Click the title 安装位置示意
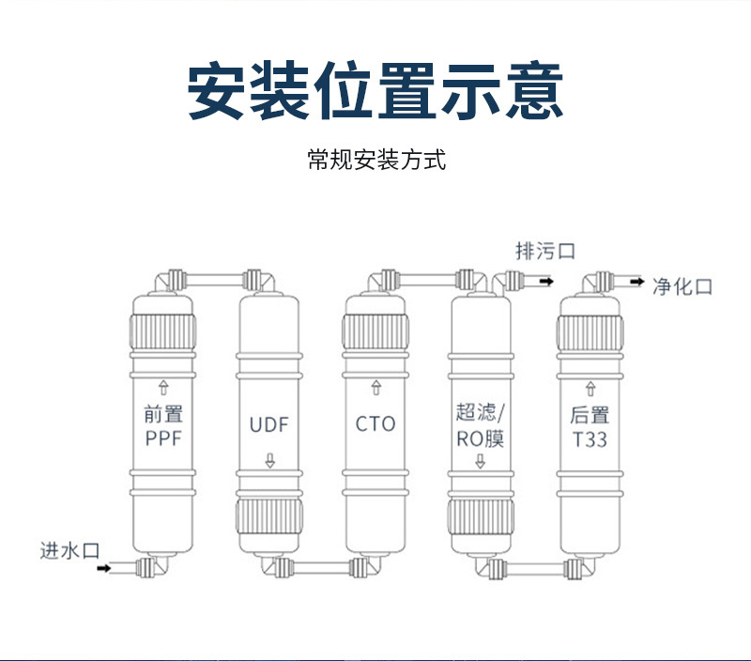[x=375, y=91]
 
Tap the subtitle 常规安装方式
[x=375, y=160]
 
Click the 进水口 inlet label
[x=69, y=550]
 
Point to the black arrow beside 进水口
[x=104, y=567]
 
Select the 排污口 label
[x=544, y=251]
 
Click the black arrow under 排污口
[x=544, y=279]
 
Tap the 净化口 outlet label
[x=682, y=285]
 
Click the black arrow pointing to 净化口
[x=636, y=280]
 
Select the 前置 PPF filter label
[x=164, y=425]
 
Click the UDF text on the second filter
[x=269, y=424]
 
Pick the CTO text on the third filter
[x=375, y=423]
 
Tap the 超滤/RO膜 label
[x=481, y=425]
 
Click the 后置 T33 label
[x=590, y=426]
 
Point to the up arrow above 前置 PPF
[x=164, y=386]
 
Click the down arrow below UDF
[x=270, y=461]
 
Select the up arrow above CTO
[x=376, y=387]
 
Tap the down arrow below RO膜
[x=481, y=461]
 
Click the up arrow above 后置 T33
[x=590, y=387]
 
